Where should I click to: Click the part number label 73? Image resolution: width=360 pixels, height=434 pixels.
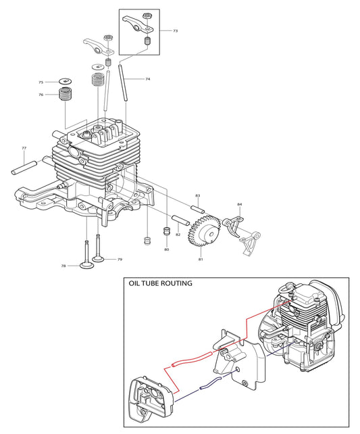[x=176, y=31]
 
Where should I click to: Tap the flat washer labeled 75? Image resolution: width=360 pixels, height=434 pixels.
[x=66, y=82]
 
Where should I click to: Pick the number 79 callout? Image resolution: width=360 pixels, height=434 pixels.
[x=120, y=260]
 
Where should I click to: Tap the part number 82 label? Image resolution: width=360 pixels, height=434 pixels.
[x=178, y=235]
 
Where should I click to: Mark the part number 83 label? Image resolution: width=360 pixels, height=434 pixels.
[x=198, y=196]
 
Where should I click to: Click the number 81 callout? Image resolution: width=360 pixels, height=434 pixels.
[x=201, y=260]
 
